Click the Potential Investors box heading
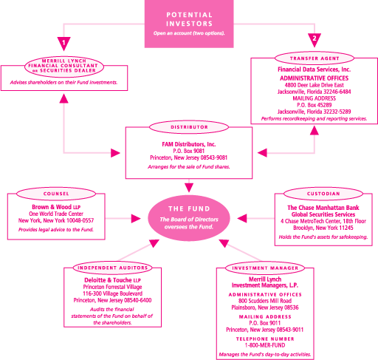[x=189, y=19]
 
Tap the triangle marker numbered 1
[x=63, y=44]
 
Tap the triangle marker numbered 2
[x=315, y=40]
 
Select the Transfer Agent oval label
[x=315, y=58]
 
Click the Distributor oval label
[x=189, y=127]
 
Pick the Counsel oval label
[x=56, y=194]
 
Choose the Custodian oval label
[x=323, y=194]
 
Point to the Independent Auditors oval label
[x=112, y=268]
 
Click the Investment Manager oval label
[x=265, y=268]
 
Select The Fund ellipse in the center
[x=189, y=218]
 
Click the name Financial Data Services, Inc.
[x=315, y=69]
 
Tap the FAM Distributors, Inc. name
[x=189, y=144]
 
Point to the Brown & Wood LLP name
[x=56, y=207]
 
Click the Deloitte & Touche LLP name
[x=112, y=280]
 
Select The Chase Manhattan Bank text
[x=323, y=208]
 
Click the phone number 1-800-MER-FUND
[x=265, y=345]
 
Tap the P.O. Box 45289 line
[x=315, y=105]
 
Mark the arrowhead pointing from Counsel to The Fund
[x=136, y=218]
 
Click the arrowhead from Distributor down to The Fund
[x=189, y=188]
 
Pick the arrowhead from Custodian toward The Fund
[x=242, y=218]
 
